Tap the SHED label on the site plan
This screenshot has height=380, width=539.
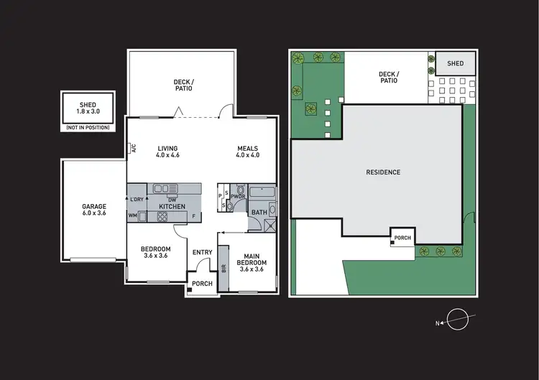456,64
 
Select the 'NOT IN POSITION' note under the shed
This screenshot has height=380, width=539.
88,127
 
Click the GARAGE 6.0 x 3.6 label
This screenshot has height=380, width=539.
93,210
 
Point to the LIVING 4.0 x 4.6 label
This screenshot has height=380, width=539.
167,151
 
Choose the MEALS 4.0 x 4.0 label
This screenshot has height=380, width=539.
247,151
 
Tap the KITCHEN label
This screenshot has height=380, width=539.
172,207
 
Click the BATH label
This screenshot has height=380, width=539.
258,212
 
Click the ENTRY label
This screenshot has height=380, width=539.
202,252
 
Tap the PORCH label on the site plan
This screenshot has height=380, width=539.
402,238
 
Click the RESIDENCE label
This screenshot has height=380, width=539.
383,172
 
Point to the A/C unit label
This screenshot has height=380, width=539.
134,149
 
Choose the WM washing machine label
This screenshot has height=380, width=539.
133,215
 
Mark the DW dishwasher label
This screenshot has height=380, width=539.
172,199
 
